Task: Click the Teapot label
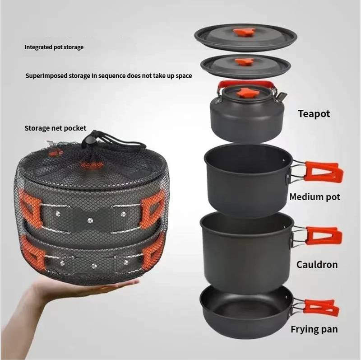tap(314, 114)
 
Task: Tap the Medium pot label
tap(315, 197)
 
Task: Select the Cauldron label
tap(317, 265)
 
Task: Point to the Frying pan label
tap(314, 329)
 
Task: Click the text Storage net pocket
tap(55, 128)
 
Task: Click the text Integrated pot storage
tap(54, 47)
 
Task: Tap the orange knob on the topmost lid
tap(245, 32)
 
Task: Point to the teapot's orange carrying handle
tap(247, 84)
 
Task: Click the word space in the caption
tap(184, 76)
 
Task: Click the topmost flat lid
tap(245, 37)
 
